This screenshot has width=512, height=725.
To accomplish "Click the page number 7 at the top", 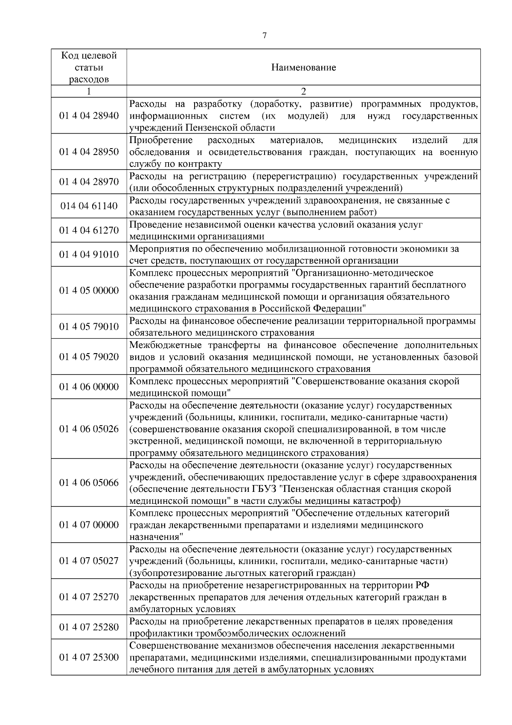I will click(264, 36).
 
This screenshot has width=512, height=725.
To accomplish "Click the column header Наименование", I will click(303, 67).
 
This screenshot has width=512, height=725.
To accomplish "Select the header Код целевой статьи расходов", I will click(89, 67).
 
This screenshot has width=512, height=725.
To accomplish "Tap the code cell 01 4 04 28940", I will click(89, 116).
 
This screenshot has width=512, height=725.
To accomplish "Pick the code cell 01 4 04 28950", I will click(89, 152).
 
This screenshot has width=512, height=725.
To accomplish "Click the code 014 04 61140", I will click(89, 206).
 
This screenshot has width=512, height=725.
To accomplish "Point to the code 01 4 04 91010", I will click(89, 254).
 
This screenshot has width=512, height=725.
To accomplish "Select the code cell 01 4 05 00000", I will click(89, 290).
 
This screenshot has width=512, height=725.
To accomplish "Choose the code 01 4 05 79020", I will click(89, 357).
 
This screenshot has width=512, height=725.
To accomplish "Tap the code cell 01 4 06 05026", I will click(89, 429).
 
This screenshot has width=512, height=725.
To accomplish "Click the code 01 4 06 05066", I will click(89, 482).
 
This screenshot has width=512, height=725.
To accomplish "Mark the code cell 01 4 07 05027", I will click(89, 561).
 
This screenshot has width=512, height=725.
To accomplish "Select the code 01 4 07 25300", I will click(89, 657).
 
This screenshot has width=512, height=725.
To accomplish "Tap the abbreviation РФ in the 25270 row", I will click(422, 585).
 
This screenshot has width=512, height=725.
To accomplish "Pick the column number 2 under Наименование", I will click(303, 91).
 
